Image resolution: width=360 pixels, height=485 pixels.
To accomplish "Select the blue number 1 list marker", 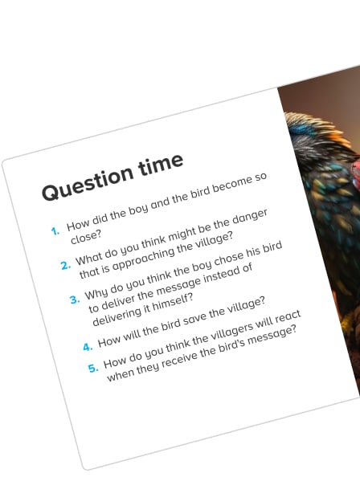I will coord(55,231).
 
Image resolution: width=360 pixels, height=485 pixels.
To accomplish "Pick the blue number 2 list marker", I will coord(65,266).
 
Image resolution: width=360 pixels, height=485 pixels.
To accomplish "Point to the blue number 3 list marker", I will coord(74,300).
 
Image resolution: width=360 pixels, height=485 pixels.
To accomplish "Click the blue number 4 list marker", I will coord(88,347).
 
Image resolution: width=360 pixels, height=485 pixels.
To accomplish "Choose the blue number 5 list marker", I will coord(93,368).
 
